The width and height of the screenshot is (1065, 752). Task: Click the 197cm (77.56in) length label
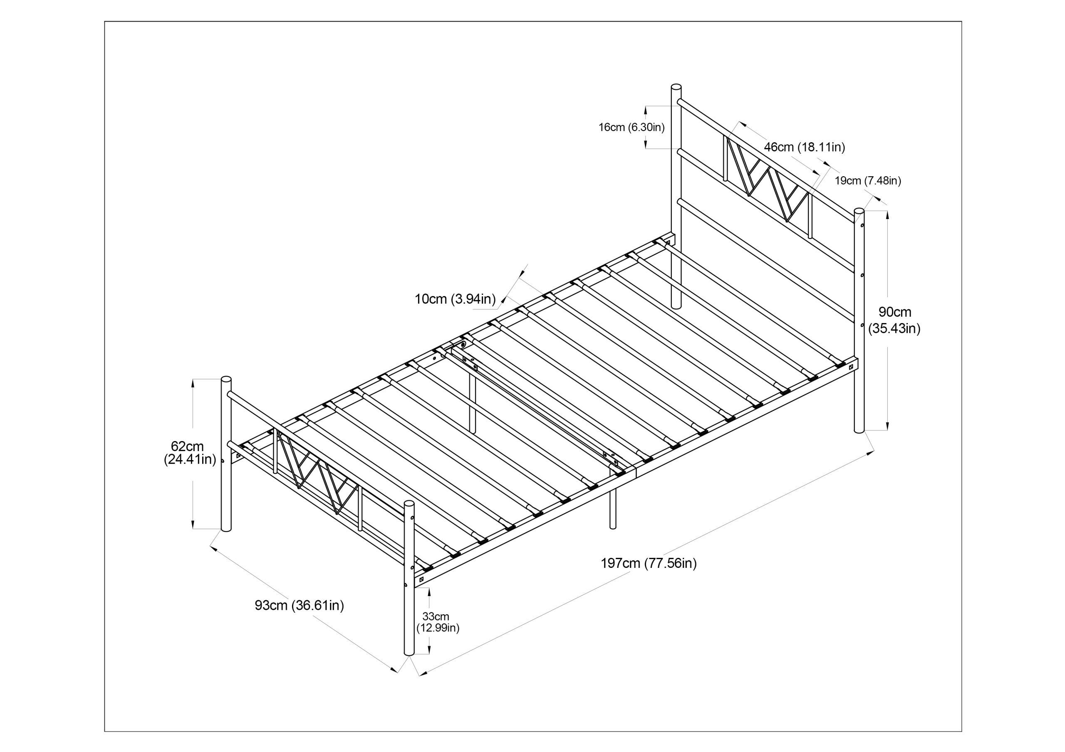(649, 563)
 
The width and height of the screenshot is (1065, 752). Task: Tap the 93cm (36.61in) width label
(299, 606)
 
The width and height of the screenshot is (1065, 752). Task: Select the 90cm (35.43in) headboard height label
(894, 320)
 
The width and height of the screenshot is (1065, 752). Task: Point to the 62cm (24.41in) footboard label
(190, 453)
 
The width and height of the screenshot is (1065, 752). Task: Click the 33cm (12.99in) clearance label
(437, 622)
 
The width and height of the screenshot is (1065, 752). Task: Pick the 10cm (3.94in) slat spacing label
(455, 299)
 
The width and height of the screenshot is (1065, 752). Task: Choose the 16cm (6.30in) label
(631, 128)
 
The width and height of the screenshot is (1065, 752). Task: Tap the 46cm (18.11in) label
(804, 147)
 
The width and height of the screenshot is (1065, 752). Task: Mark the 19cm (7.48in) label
(867, 181)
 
